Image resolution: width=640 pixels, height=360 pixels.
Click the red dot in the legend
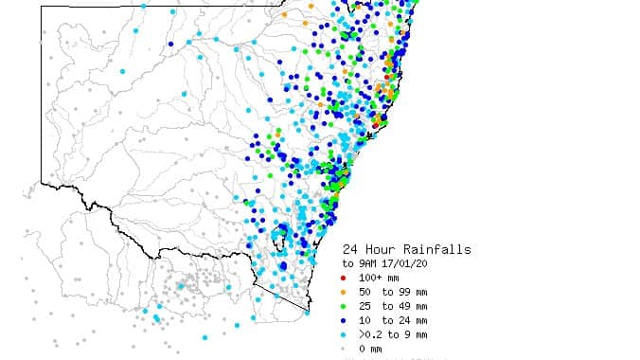click(344, 278)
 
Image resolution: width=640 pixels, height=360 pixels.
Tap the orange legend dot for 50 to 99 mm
click(344, 292)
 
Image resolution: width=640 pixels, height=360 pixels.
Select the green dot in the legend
click(344, 306)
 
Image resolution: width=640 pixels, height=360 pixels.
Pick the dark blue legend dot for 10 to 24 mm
click(344, 320)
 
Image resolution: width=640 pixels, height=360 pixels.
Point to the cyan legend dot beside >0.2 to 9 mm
click(344, 334)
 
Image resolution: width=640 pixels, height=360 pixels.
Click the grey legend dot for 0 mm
click(344, 349)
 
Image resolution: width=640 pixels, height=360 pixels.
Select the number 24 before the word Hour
click(351, 249)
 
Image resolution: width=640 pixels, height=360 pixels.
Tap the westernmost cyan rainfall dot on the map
click(122, 71)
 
